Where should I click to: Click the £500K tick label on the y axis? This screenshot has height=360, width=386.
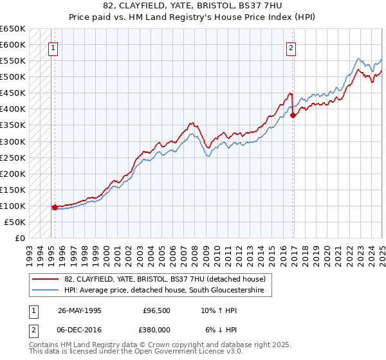tap(12, 77)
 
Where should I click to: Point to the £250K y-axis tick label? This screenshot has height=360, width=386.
tap(12, 157)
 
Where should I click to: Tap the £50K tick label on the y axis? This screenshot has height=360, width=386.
tap(15, 222)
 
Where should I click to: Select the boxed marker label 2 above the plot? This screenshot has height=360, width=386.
tap(291, 46)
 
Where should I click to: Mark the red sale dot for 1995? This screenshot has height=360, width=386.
tap(55, 207)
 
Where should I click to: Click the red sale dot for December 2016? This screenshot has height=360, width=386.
tap(293, 116)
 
